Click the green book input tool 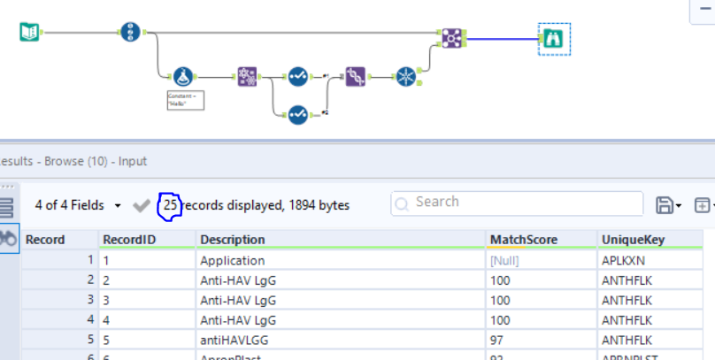point(30,33)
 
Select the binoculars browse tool point(553,38)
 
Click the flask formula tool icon point(183,77)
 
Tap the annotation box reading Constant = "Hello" point(186,99)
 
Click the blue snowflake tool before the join point(406,77)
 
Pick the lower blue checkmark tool point(297,113)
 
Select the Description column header point(233,240)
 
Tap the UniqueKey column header point(633,240)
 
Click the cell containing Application point(233,261)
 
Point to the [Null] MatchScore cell point(506,261)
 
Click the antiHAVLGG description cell point(236,339)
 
